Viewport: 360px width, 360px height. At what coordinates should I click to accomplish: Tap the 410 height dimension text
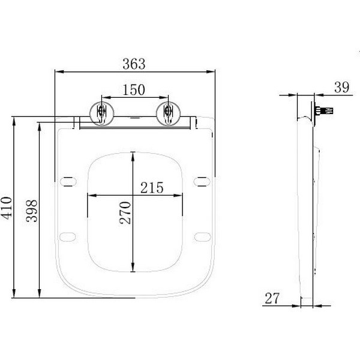pyautogui.click(x=7, y=208)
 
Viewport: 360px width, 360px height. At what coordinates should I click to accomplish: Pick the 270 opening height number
pyautogui.click(x=125, y=212)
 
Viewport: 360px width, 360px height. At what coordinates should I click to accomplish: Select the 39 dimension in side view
pyautogui.click(x=341, y=88)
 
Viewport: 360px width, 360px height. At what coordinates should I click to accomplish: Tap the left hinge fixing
pyautogui.click(x=101, y=113)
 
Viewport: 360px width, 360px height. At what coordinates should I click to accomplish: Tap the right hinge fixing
pyautogui.click(x=167, y=113)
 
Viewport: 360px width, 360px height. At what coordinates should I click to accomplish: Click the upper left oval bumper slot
pyautogui.click(x=70, y=180)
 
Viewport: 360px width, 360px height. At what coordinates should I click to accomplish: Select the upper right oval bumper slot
pyautogui.click(x=202, y=180)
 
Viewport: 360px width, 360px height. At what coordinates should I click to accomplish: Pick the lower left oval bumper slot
pyautogui.click(x=70, y=235)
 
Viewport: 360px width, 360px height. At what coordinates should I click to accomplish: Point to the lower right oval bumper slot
pyautogui.click(x=202, y=235)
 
